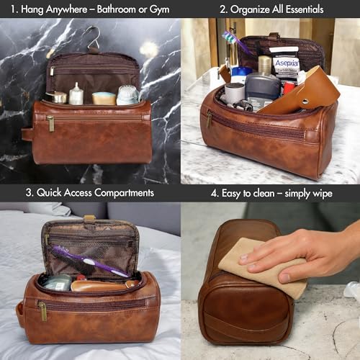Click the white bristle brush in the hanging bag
[127, 94]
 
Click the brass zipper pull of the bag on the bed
[42, 310]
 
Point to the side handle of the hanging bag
[27, 134]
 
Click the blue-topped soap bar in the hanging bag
[104, 97]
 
